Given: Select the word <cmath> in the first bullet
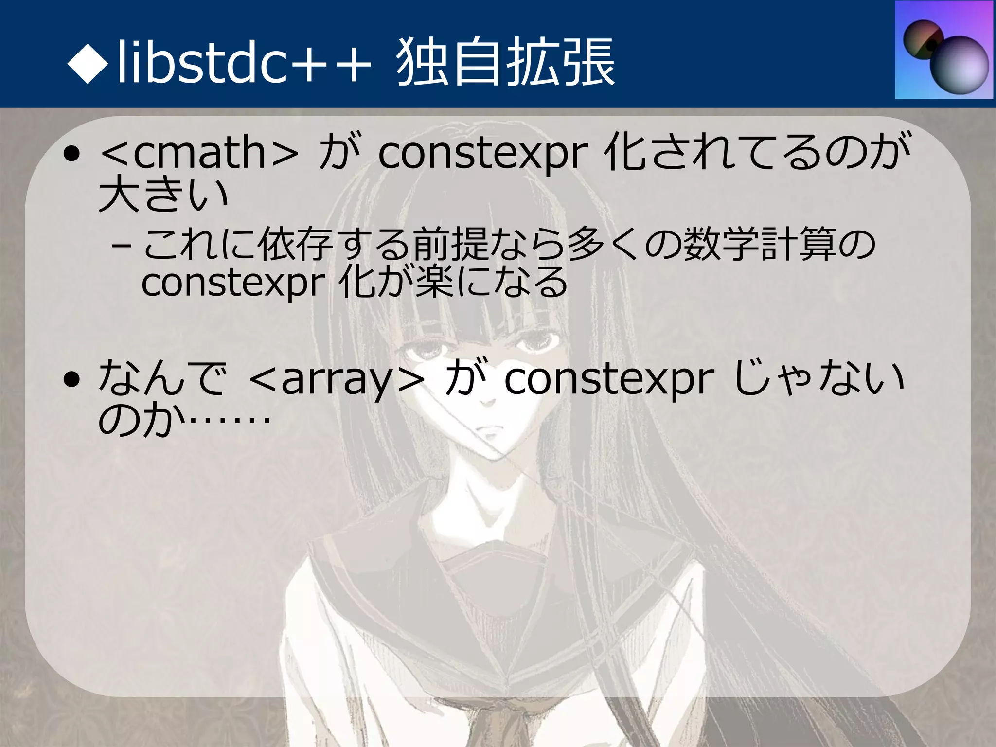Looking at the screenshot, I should tap(199, 154).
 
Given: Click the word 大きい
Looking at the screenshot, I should tap(163, 195).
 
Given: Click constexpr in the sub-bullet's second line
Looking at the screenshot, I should tap(232, 283).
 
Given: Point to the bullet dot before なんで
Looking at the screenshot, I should tap(72, 380).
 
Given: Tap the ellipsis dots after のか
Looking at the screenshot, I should tap(229, 421).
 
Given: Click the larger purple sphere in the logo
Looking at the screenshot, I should tap(961, 68).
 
